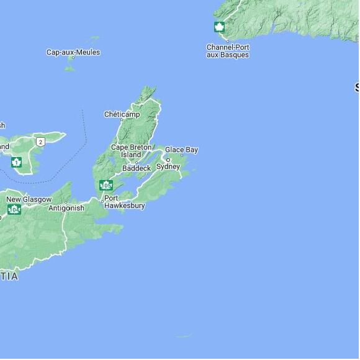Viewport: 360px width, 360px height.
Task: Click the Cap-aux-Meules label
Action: (x=73, y=52)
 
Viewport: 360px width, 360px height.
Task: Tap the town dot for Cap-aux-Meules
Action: (x=72, y=58)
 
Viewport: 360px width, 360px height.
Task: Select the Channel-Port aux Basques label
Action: (x=227, y=51)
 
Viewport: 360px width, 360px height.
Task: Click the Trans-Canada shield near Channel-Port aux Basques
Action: (x=219, y=27)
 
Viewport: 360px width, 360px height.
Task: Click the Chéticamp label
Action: (x=122, y=114)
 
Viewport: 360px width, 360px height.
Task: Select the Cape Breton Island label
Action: (x=130, y=151)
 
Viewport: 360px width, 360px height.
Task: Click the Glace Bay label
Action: (x=181, y=150)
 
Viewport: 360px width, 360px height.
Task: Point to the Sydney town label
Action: (x=168, y=166)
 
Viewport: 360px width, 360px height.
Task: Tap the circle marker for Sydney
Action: (x=167, y=160)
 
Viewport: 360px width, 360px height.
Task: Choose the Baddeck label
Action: (x=137, y=168)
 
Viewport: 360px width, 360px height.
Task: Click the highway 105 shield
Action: (x=106, y=185)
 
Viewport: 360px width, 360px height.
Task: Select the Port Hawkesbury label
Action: (x=124, y=202)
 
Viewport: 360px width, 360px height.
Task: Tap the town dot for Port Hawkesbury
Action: (x=102, y=200)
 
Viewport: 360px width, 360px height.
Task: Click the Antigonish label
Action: (x=66, y=208)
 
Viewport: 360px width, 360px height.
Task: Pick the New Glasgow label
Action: (x=29, y=199)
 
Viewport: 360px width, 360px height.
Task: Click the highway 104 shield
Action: (x=14, y=209)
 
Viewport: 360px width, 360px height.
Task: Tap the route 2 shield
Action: (x=40, y=142)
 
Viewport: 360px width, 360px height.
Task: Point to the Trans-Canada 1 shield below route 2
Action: (x=16, y=163)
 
